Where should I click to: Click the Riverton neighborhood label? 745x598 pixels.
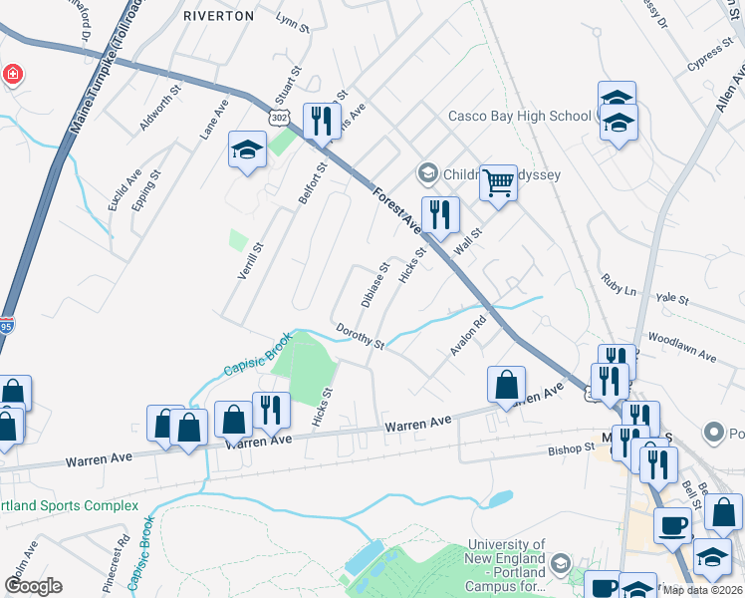[219, 16]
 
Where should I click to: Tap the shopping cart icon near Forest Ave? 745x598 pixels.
[498, 182]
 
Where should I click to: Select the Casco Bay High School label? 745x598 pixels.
[519, 116]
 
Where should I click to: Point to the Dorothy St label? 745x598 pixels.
[361, 336]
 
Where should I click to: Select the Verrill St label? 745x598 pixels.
[248, 260]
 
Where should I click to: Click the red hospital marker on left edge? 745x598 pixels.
[12, 75]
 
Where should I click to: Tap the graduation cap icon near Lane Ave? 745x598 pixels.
[245, 150]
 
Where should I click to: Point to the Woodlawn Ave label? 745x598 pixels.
[682, 347]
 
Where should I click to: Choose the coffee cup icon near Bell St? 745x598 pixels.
[672, 524]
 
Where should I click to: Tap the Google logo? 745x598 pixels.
[33, 586]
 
